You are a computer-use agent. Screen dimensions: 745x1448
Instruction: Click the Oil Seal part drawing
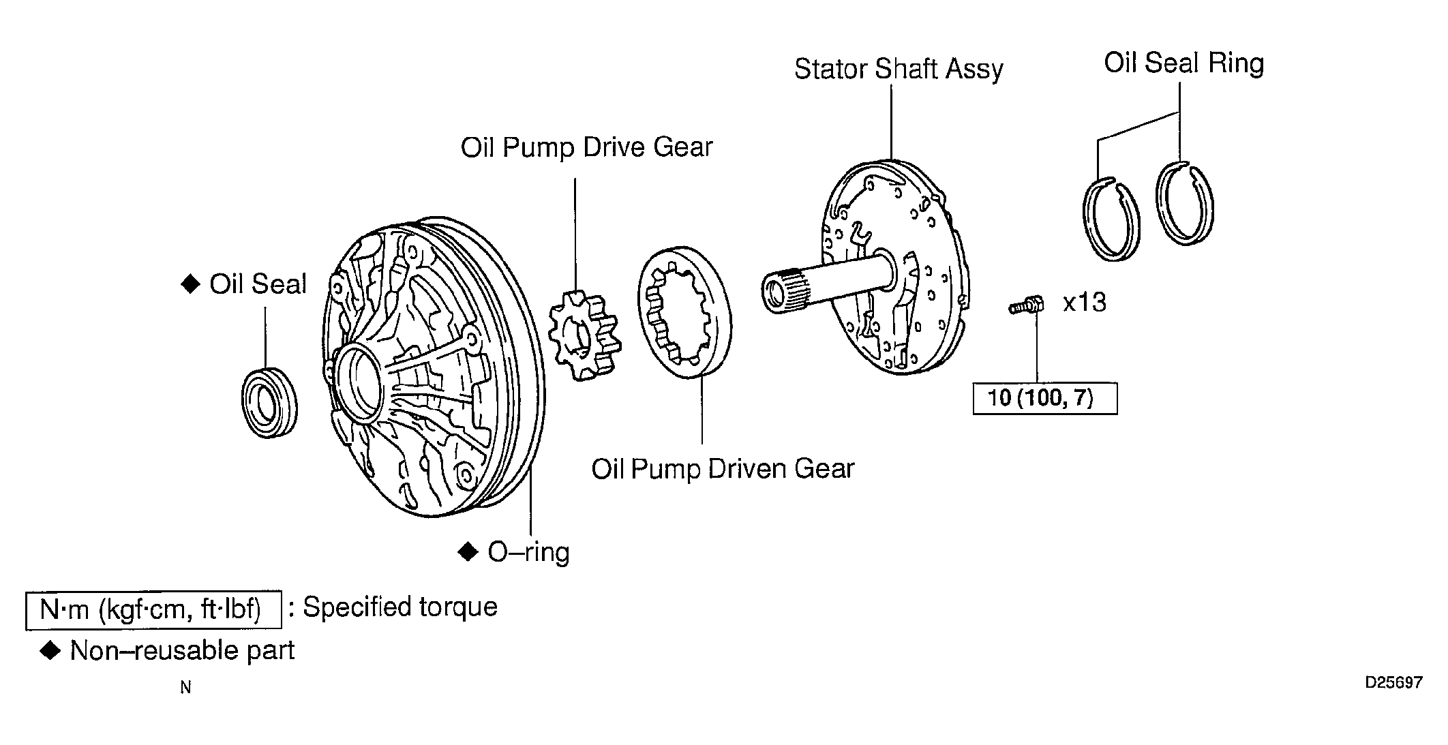tap(269, 402)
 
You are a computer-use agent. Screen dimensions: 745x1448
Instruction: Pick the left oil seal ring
tap(1111, 218)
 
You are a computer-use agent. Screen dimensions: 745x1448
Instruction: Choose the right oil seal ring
tap(1186, 203)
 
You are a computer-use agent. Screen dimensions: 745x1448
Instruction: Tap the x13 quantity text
tap(1085, 302)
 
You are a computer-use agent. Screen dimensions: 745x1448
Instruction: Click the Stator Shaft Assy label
tap(899, 70)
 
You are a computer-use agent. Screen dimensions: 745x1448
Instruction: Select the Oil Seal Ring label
tap(1184, 63)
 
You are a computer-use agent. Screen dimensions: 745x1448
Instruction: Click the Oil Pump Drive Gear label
tap(586, 147)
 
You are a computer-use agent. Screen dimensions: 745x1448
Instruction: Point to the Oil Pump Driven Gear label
tap(723, 469)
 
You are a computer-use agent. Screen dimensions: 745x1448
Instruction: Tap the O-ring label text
tap(528, 552)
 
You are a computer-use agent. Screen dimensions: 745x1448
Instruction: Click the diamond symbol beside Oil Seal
tap(190, 284)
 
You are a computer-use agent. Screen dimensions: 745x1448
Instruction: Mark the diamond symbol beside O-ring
tap(468, 551)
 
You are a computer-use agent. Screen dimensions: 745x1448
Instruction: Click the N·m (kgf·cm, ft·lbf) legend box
tap(153, 609)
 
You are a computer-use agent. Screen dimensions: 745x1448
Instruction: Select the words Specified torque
tap(400, 607)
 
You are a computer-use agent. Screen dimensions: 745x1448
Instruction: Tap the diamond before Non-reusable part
tap(50, 651)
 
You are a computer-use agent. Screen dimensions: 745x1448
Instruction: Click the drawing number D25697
tap(1393, 682)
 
